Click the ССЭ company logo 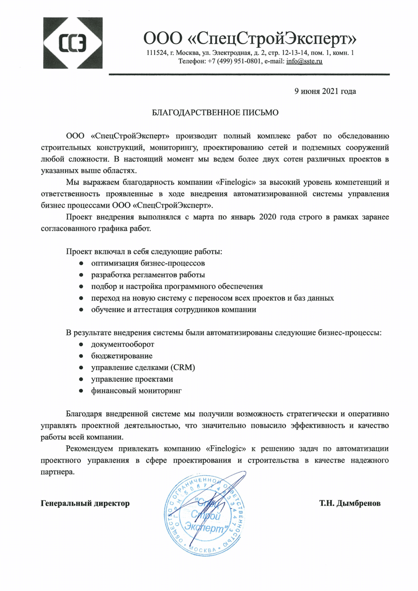73,43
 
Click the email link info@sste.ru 304,61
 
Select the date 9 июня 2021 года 325,91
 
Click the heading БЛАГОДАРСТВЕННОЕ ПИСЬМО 215,113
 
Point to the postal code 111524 157,53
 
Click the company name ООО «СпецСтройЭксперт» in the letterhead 250,38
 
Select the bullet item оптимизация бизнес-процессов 148,263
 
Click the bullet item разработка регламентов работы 148,275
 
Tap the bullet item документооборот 122,344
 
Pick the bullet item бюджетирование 122,356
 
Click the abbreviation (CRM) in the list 183,368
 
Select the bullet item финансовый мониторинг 136,391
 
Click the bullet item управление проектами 132,379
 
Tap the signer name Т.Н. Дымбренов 350,503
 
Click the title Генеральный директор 85,503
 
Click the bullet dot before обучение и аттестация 81,310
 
